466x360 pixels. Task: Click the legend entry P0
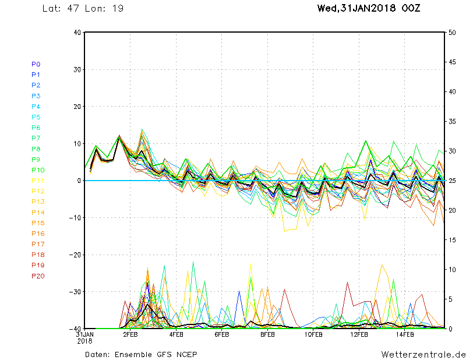36,64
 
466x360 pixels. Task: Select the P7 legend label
36,138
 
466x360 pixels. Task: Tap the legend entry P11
37,181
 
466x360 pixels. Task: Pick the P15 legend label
38,223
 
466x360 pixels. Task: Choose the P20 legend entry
38,276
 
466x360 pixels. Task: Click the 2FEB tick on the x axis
130,335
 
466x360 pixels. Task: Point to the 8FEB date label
267,335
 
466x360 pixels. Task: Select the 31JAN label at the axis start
85,334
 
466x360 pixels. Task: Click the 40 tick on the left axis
76,33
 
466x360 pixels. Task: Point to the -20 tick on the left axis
75,255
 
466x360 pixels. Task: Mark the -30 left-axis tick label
75,292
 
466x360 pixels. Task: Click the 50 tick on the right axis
452,33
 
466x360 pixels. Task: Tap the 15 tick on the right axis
452,239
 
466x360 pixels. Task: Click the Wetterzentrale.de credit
423,354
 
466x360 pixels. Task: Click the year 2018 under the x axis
84,341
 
